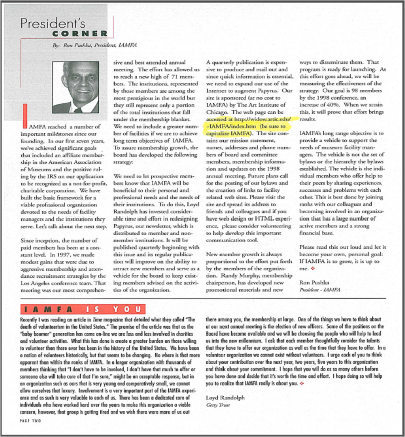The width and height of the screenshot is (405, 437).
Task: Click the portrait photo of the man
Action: point(75,87)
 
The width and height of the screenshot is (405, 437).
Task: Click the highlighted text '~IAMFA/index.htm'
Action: point(231,126)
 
